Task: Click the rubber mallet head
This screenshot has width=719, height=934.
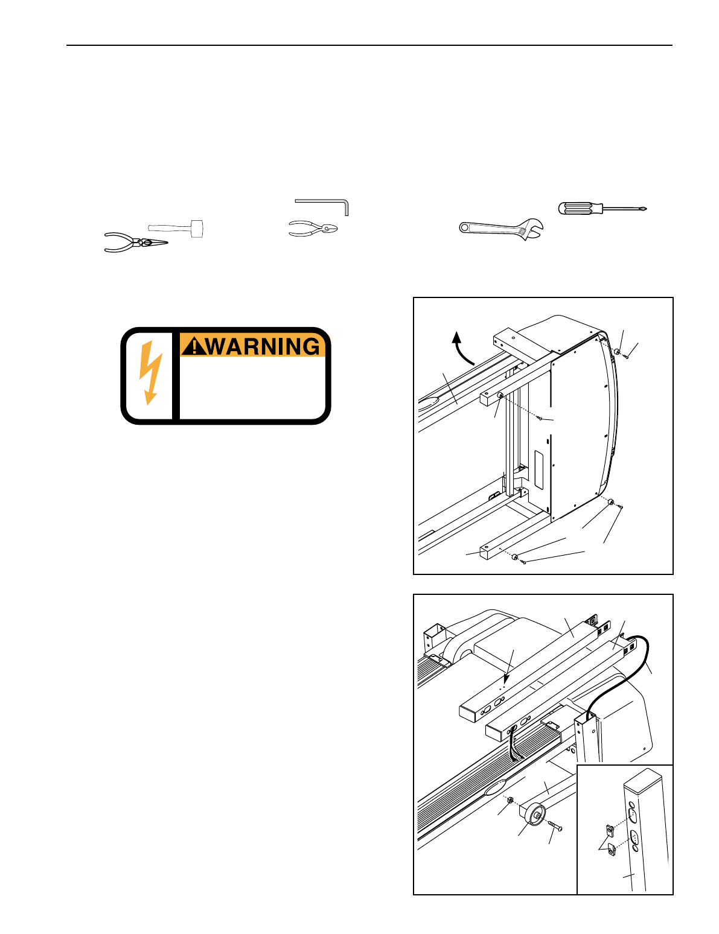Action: [197, 228]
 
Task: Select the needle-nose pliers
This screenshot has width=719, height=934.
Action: [136, 243]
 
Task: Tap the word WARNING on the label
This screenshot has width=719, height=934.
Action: [263, 346]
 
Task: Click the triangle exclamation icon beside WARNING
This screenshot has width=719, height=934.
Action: [193, 346]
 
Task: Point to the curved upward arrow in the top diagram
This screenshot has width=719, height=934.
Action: [463, 348]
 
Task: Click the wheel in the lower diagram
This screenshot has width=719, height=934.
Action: [535, 817]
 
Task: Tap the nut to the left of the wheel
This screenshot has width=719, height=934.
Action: [510, 801]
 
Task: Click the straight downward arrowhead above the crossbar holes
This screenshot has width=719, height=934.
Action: [507, 677]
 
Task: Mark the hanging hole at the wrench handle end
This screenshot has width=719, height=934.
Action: [465, 227]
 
